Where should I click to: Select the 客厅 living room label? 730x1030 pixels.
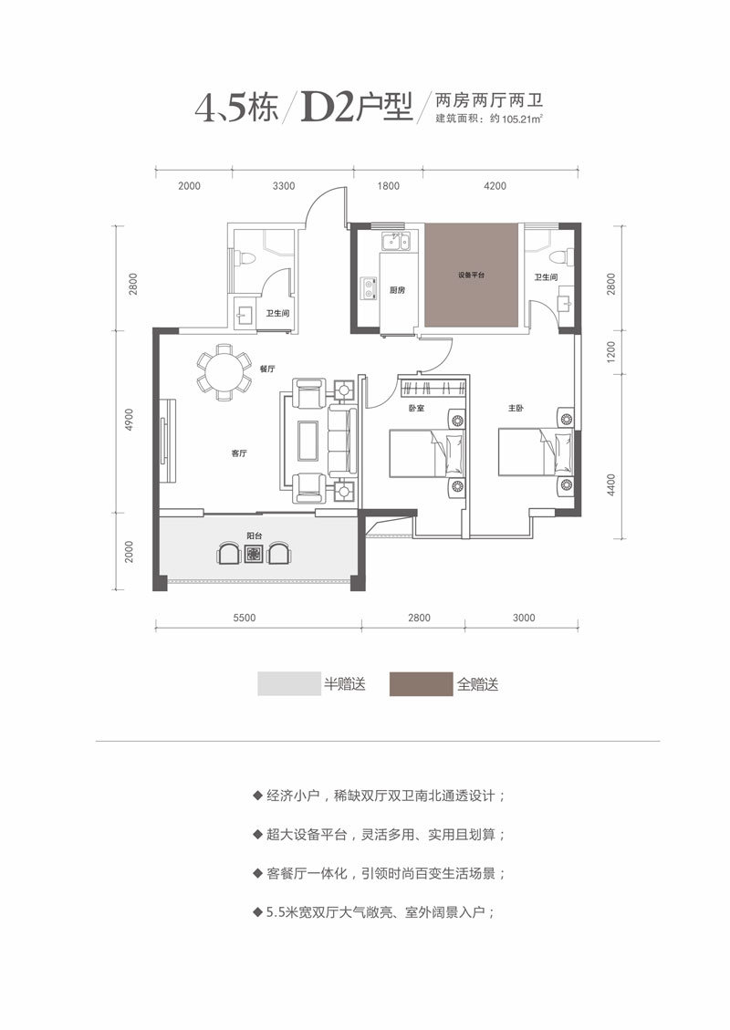click(x=239, y=453)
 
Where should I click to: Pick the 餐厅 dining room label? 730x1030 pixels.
click(x=267, y=369)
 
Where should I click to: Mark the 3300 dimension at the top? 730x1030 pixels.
click(x=284, y=186)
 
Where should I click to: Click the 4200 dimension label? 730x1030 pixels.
click(x=495, y=186)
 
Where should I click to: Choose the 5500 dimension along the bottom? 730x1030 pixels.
click(x=245, y=618)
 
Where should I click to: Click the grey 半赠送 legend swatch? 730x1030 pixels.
click(x=289, y=684)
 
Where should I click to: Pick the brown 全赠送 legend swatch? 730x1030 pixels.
click(x=421, y=684)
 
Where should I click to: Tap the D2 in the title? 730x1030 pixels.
click(x=328, y=108)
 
